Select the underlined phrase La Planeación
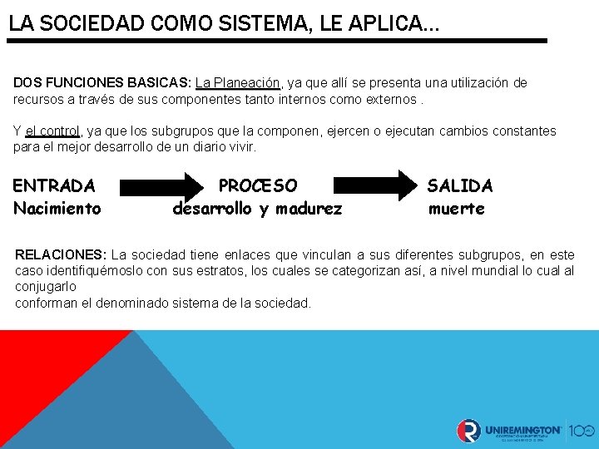(x=239, y=83)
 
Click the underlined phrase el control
(x=52, y=131)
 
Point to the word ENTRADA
(x=54, y=185)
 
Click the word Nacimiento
(x=57, y=209)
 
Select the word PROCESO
(x=257, y=185)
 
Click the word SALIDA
(x=460, y=185)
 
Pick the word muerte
(x=456, y=209)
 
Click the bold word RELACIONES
(x=61, y=254)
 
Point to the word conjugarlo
(x=46, y=286)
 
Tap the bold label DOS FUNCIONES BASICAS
(x=101, y=83)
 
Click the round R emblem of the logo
(x=468, y=431)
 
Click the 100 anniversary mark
(x=582, y=431)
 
